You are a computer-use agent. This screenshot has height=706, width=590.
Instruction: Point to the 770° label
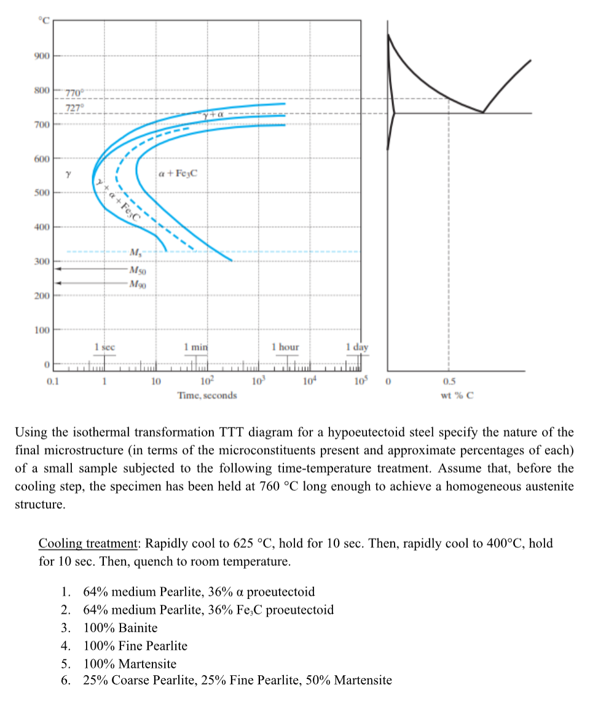click(74, 93)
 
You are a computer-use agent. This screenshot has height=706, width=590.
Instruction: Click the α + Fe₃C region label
click(178, 174)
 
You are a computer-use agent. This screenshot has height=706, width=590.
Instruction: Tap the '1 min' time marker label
click(197, 347)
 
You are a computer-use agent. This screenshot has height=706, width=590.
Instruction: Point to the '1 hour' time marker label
click(286, 347)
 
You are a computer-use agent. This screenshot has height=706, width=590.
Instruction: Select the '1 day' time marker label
click(357, 347)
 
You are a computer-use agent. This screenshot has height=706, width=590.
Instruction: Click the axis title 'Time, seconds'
click(207, 395)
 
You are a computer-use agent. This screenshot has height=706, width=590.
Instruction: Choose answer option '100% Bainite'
click(120, 628)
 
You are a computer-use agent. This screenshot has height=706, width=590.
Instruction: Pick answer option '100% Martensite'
click(130, 664)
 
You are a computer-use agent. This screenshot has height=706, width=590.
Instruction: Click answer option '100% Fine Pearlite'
click(135, 646)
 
